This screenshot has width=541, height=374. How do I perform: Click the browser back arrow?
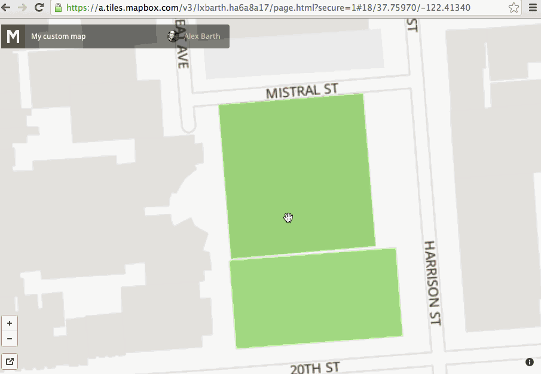coord(7,8)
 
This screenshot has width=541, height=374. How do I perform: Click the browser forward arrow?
coord(23,8)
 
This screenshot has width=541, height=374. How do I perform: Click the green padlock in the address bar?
coord(58,8)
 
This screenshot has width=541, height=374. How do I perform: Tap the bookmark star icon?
coord(514,8)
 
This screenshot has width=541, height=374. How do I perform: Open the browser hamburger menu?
coord(533,8)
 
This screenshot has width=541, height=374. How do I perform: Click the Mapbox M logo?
coord(13,36)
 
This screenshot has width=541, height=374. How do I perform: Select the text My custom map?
coord(58,36)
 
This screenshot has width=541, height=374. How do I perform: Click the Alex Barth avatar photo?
coord(173,36)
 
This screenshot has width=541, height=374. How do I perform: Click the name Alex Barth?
coord(202,36)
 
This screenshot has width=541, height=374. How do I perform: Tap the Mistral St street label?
coord(302,91)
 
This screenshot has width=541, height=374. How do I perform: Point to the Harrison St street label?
coord(432,283)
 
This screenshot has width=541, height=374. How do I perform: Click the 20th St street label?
coord(315,367)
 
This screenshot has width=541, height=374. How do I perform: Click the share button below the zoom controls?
coord(10,361)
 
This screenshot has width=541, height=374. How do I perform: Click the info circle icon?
coord(530,362)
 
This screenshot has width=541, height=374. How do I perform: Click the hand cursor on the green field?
coord(289,217)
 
